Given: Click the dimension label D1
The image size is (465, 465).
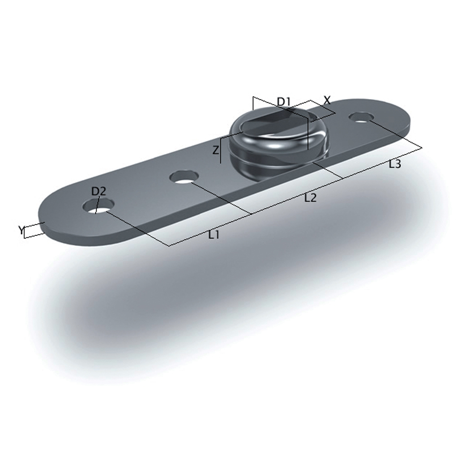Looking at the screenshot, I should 284,102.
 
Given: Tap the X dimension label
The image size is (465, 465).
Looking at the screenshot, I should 327,100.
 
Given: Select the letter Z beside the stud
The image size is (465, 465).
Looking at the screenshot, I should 215,150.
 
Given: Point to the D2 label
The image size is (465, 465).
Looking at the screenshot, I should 99,191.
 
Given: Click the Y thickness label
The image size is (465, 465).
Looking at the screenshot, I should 21,230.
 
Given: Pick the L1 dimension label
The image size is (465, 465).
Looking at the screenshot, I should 213,235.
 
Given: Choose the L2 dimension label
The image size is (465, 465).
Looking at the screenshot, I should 310,198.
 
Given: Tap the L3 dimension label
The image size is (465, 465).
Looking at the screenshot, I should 394,164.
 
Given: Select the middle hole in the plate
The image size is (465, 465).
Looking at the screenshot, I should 184,177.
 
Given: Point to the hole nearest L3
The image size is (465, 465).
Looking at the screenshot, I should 361,117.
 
